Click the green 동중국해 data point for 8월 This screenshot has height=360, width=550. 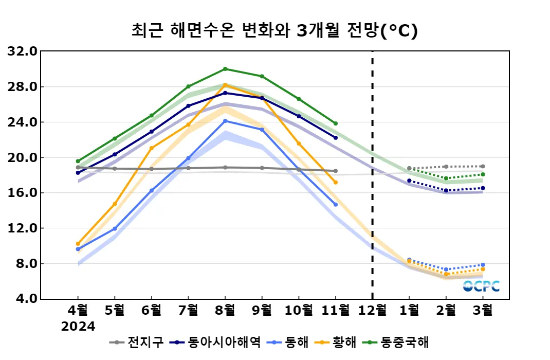click(x=225, y=69)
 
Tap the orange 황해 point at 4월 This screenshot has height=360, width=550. click(x=78, y=244)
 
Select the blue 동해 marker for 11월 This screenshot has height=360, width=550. click(x=336, y=205)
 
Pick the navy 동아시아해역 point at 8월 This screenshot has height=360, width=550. click(x=225, y=93)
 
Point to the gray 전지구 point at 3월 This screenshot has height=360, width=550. click(x=483, y=166)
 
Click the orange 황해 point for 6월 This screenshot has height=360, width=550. click(x=152, y=148)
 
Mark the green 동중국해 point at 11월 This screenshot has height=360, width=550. click(x=336, y=123)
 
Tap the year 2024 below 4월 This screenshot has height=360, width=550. click(x=78, y=327)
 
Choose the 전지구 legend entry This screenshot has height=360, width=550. click(x=139, y=343)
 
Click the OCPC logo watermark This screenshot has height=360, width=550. click(x=481, y=286)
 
